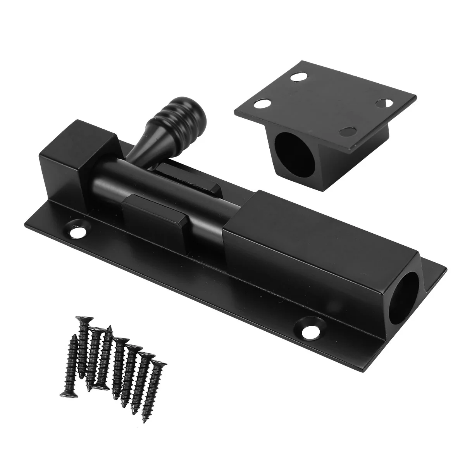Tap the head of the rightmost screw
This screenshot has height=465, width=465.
159,363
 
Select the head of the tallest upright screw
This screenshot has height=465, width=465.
82,320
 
